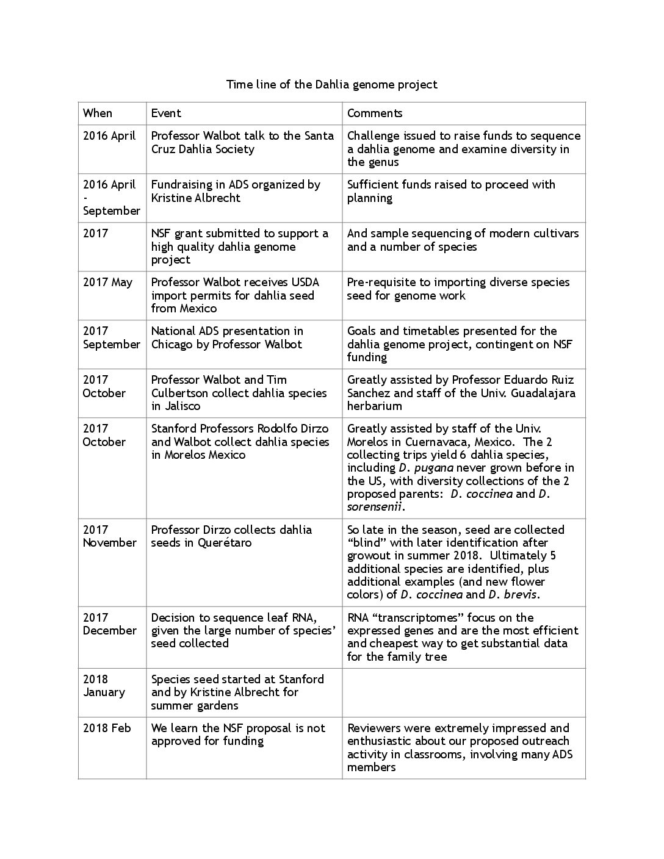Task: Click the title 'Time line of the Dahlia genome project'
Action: (332, 84)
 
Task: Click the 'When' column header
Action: (98, 113)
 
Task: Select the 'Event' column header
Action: (166, 113)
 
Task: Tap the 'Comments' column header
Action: (375, 113)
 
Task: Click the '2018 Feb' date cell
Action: (107, 728)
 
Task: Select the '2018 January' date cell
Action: (104, 686)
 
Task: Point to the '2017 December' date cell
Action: (110, 624)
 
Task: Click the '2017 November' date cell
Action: (110, 536)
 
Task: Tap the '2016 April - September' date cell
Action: (111, 198)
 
